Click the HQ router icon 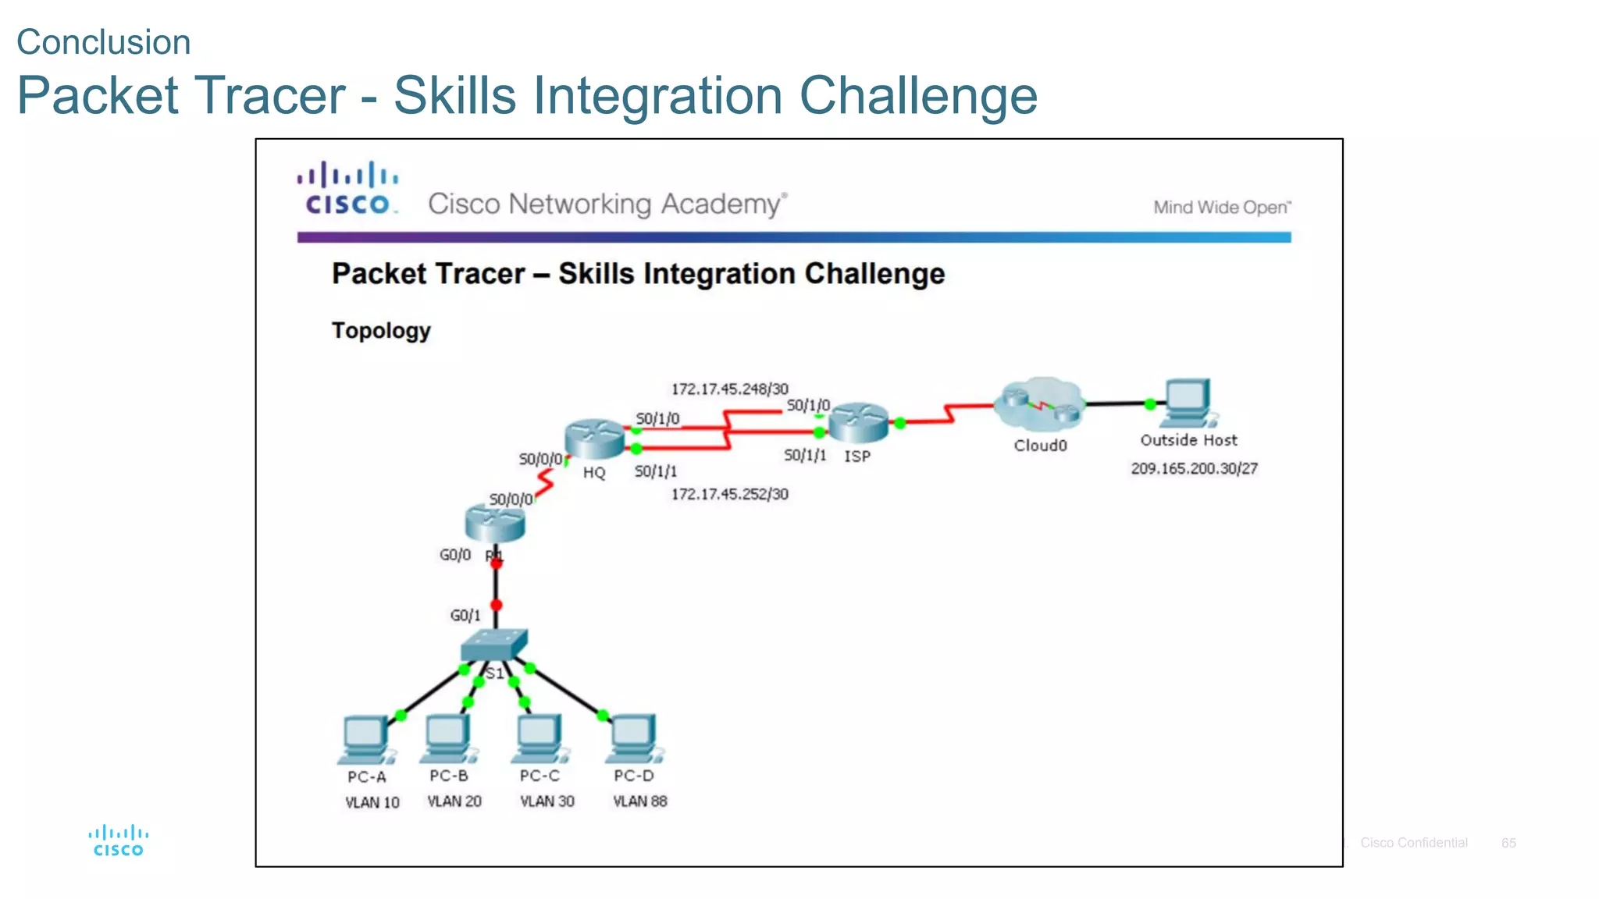(594, 439)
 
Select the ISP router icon (858, 423)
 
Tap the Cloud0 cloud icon (1040, 404)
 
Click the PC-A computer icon (365, 738)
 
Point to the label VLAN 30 (547, 801)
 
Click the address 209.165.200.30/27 (1194, 468)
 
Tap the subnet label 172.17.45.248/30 (729, 389)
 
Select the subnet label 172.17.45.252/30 (729, 494)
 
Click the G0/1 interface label (465, 616)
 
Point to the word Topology (381, 330)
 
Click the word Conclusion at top (104, 42)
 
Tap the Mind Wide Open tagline (1222, 208)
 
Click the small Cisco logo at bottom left (119, 840)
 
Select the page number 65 (1508, 843)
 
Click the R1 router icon (495, 523)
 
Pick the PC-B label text (449, 776)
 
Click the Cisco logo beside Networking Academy (348, 189)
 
